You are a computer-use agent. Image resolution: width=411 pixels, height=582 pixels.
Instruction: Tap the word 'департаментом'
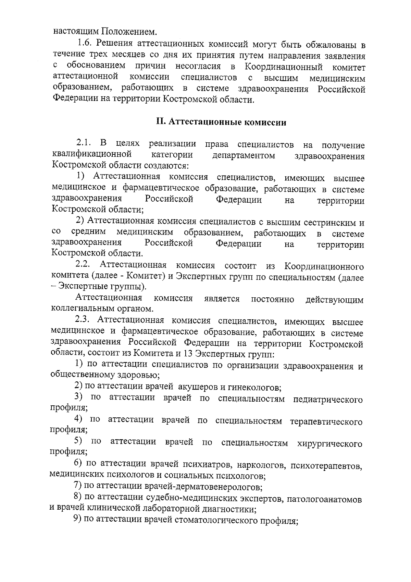coord(243,155)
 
